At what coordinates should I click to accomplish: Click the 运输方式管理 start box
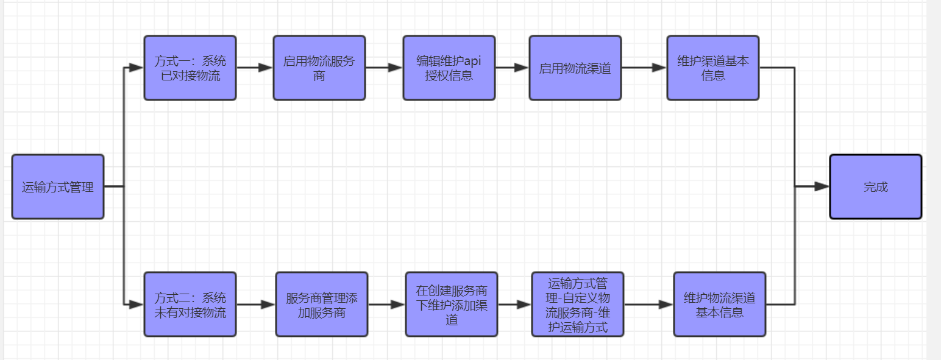pos(58,186)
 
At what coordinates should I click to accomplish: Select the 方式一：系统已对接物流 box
pos(190,68)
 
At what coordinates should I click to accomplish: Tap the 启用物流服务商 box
pos(319,68)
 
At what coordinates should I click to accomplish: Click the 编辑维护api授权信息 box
pos(449,68)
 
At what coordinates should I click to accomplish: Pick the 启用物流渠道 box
pos(575,68)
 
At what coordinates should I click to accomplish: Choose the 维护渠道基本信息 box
pos(712,68)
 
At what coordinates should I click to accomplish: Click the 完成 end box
pos(875,186)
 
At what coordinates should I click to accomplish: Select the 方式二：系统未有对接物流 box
pos(190,304)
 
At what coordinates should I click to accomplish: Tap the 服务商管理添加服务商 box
pos(321,304)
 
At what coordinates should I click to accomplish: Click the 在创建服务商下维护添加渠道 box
pos(451,304)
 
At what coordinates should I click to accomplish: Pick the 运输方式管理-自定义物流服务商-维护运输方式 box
pos(577,304)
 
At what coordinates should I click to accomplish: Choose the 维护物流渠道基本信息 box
pos(719,304)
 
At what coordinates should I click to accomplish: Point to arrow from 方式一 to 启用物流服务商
pos(254,68)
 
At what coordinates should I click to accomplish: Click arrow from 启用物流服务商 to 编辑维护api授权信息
pos(384,68)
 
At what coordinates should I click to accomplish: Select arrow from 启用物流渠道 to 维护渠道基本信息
pos(644,68)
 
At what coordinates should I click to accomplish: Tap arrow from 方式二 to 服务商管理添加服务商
pos(255,304)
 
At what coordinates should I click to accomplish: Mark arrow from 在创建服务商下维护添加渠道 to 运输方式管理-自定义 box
pos(514,304)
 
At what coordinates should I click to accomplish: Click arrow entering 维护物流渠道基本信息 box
pos(648,304)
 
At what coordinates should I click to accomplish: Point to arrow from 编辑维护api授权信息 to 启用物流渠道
pos(512,68)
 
